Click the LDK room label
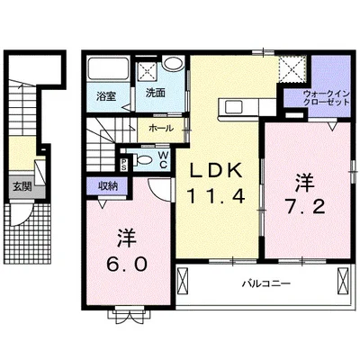tap(216, 171)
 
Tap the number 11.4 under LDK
tap(216, 196)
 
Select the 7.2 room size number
tap(305, 207)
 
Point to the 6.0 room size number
tap(127, 264)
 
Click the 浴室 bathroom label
tap(106, 96)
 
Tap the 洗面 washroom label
tap(155, 93)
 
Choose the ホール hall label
tap(161, 129)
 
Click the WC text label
tap(163, 159)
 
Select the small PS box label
tap(123, 165)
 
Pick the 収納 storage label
tap(108, 186)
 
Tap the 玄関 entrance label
tap(22, 187)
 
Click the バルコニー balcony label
tap(266, 283)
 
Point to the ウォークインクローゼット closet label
tap(327, 97)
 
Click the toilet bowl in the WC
tap(142, 159)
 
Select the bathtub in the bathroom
tap(107, 68)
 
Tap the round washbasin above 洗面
tap(173, 64)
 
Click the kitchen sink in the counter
tap(234, 106)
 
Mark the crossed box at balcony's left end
tap(182, 279)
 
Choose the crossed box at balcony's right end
tap(342, 279)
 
